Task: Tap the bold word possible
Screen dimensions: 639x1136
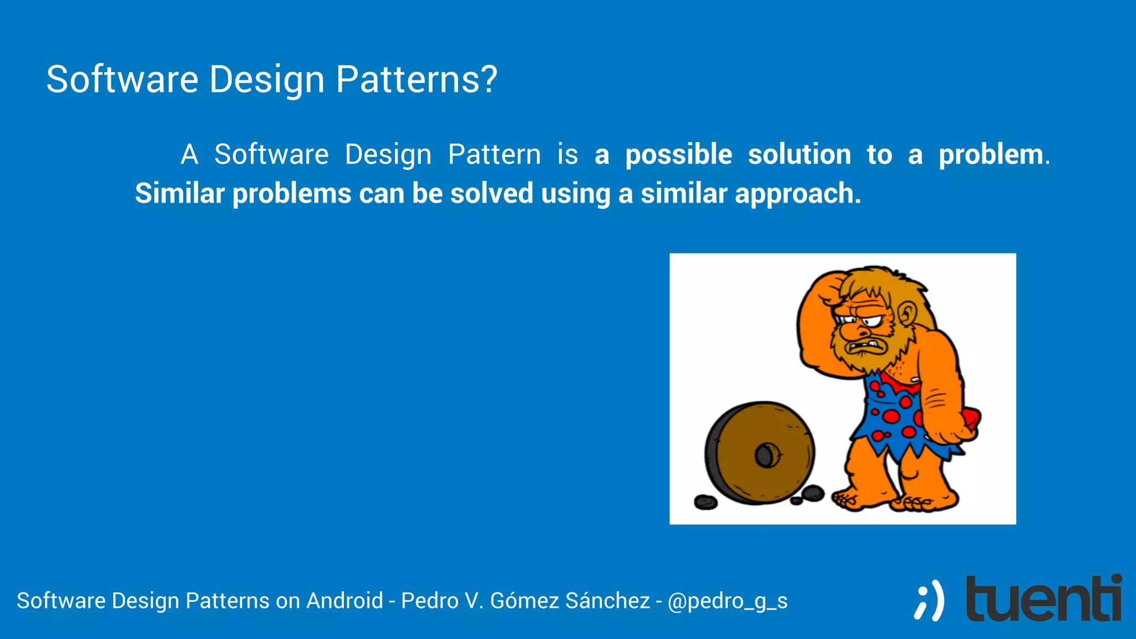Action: (678, 155)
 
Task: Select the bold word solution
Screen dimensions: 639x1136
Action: (799, 155)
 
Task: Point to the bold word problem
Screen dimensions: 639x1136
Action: (991, 155)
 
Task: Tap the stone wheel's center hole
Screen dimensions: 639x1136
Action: (767, 456)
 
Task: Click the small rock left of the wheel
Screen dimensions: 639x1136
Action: (706, 503)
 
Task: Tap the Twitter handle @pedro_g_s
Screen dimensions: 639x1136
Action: (727, 601)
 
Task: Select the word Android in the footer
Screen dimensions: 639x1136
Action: (344, 601)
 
